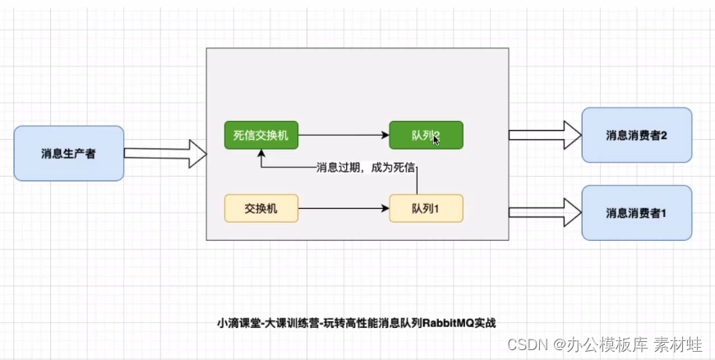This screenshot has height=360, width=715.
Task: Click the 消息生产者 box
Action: (69, 153)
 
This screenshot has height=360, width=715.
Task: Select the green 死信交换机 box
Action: (261, 135)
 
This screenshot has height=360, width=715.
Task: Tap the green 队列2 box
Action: (426, 135)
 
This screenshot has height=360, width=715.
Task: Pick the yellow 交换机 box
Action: (261, 209)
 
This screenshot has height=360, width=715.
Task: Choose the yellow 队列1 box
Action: (426, 209)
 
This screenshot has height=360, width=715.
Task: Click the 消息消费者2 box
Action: (636, 135)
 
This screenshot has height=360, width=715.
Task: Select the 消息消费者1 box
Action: (636, 213)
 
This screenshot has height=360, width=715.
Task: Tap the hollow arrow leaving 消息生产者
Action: (164, 153)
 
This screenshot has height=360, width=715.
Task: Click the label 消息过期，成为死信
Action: (365, 168)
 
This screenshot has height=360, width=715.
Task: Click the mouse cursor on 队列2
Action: (436, 141)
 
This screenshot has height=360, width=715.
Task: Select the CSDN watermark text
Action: (524, 344)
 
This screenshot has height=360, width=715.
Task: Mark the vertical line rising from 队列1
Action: (418, 181)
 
